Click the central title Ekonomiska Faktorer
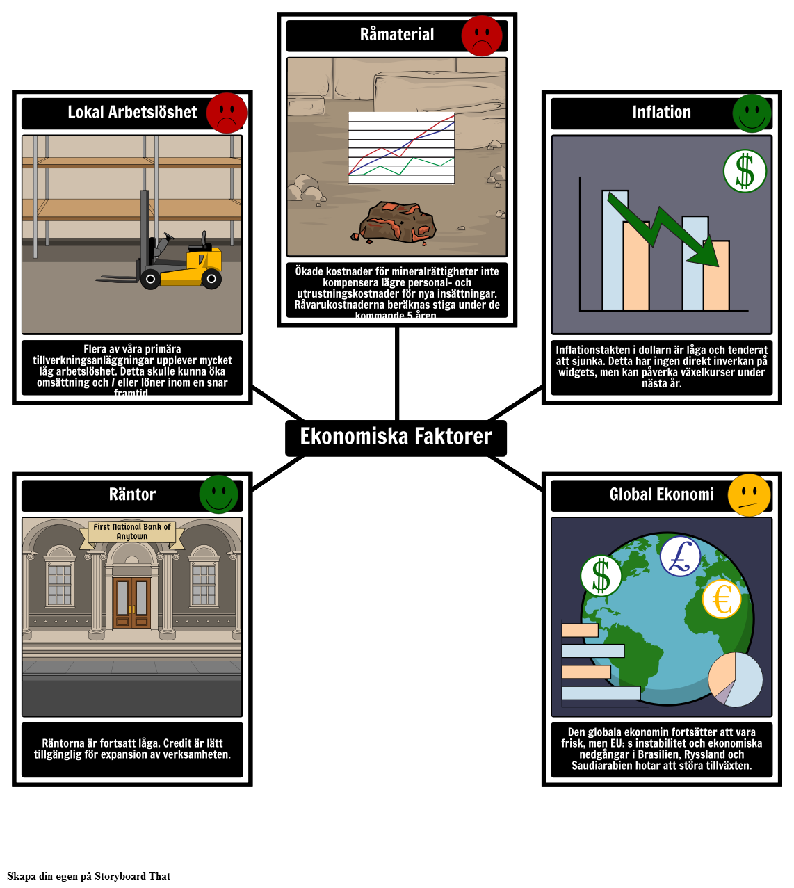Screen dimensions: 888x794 click(396, 436)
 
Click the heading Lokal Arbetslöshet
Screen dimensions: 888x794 click(132, 112)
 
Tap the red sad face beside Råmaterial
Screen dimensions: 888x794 click(482, 35)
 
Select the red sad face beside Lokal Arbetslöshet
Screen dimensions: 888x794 click(227, 113)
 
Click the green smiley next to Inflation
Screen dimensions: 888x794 click(752, 113)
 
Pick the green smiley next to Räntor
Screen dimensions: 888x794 click(218, 494)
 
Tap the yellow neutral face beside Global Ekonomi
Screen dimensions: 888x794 click(749, 495)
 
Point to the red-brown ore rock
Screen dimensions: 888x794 click(397, 223)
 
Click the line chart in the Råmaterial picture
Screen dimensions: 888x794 click(401, 148)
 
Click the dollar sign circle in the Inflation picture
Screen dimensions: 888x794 click(744, 171)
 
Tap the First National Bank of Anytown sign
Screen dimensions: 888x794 click(132, 532)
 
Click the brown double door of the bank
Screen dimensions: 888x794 click(132, 602)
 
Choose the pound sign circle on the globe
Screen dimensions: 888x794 click(680, 556)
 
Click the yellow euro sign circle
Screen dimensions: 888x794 click(722, 599)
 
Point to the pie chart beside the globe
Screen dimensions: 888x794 click(735, 679)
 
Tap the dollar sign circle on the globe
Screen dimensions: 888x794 click(601, 576)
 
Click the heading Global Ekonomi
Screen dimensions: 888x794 click(661, 494)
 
